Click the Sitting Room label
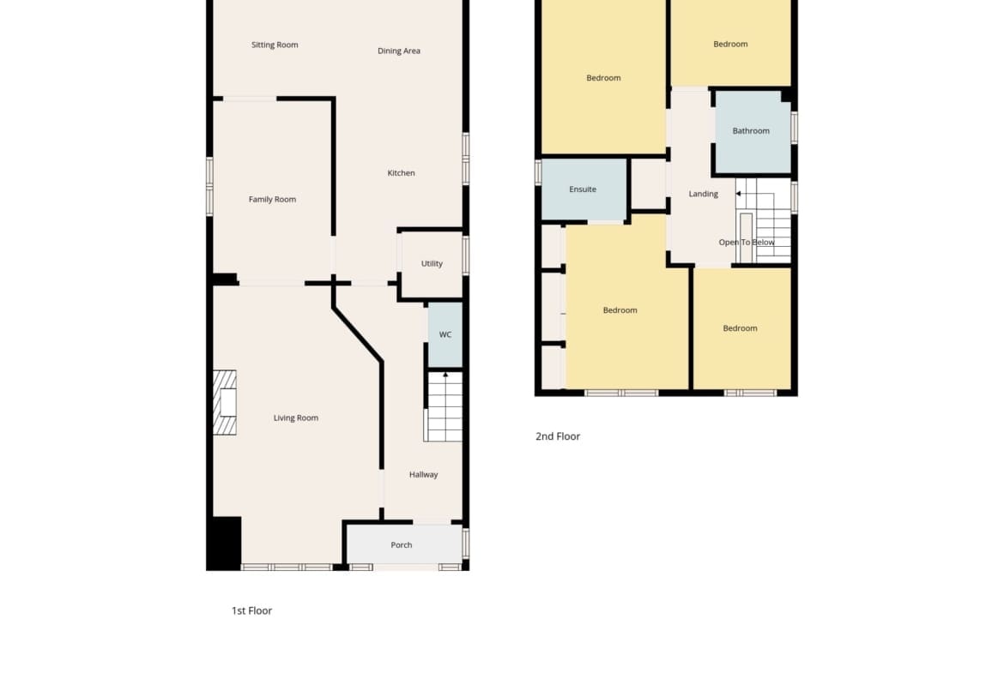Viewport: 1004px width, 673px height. click(274, 45)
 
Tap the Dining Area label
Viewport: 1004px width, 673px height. click(399, 51)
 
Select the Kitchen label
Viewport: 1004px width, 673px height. click(401, 172)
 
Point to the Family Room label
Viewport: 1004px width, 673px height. click(272, 200)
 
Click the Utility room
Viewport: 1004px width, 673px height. click(432, 263)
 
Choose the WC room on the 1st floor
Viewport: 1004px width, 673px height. click(445, 334)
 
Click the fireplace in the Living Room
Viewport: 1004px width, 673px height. click(225, 402)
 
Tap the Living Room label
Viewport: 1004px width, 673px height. click(296, 418)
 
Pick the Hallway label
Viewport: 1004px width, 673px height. click(423, 475)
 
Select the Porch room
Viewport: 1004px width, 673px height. click(404, 545)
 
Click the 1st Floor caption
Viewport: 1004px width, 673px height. click(251, 611)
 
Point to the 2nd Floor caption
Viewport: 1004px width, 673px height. click(558, 436)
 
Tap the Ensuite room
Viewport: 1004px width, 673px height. click(584, 189)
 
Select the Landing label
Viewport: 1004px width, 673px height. click(703, 194)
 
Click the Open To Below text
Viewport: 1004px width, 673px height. click(747, 243)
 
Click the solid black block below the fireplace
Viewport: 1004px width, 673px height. click(224, 543)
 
